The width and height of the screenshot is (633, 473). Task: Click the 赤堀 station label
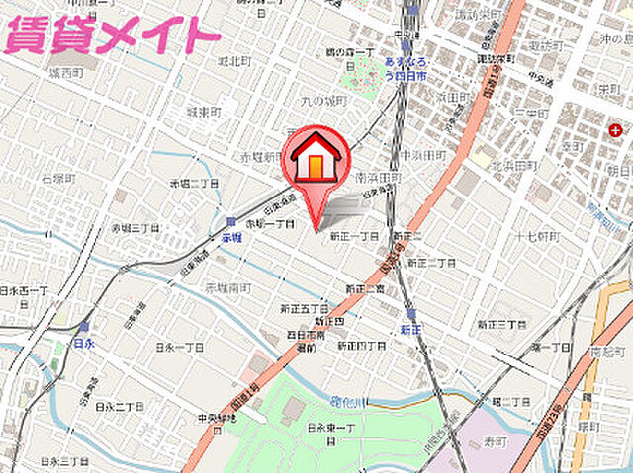point(231,238)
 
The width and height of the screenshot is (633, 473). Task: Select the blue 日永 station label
point(83,342)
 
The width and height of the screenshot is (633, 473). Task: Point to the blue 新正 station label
point(411,329)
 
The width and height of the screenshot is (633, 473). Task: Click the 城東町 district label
point(213,112)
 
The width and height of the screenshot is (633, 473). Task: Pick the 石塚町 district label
point(58,179)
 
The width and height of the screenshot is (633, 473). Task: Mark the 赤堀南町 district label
point(228,286)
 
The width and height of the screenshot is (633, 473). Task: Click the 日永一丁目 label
point(179,348)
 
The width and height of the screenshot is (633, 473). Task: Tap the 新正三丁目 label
point(502,324)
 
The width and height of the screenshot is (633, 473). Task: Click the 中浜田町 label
point(423,155)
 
